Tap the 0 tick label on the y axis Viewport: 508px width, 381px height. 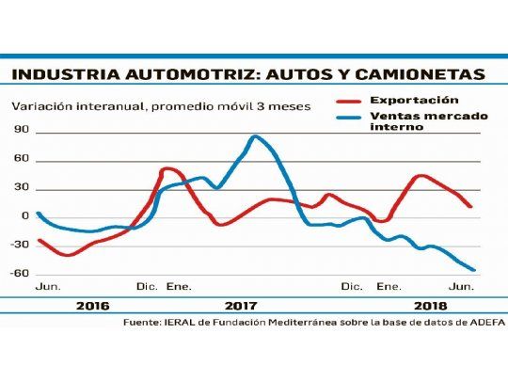click(x=24, y=216)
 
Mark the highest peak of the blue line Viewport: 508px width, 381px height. click(x=255, y=137)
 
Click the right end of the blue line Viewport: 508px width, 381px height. click(x=474, y=270)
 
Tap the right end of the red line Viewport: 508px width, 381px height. click(x=470, y=206)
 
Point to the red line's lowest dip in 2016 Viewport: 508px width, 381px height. click(x=67, y=255)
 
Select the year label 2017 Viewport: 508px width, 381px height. click(x=241, y=306)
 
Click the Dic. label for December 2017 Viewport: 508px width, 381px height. click(x=351, y=285)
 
